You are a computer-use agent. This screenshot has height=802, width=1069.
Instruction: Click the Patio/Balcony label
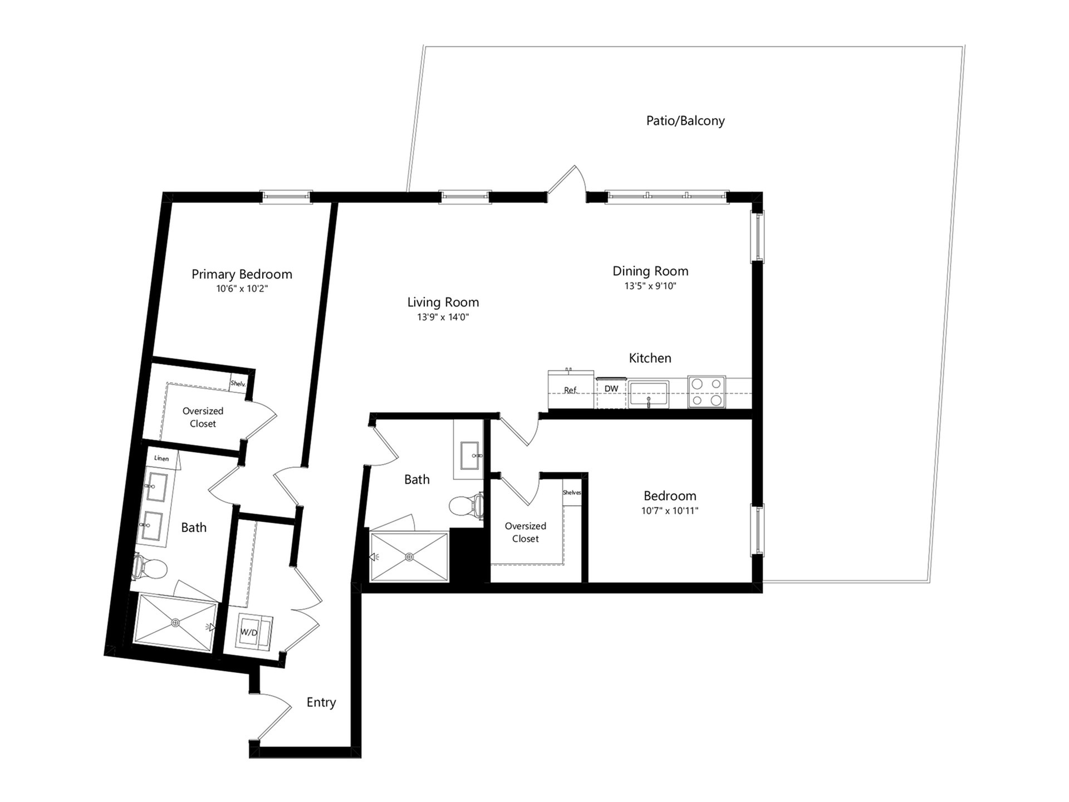pos(685,121)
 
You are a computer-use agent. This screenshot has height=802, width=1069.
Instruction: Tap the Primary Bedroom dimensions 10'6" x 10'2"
pos(242,289)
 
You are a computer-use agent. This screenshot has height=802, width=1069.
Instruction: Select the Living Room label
pos(443,302)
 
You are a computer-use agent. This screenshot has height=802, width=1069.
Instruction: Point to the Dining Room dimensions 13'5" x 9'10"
pos(650,286)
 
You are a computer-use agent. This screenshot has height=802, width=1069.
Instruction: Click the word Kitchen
pos(650,358)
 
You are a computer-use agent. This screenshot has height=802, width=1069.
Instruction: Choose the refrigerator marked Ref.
pos(570,389)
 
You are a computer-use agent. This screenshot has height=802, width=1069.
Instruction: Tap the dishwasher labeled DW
pos(611,392)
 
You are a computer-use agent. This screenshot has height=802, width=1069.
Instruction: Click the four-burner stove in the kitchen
pos(707,392)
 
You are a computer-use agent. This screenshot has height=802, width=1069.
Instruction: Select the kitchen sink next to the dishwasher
pos(649,394)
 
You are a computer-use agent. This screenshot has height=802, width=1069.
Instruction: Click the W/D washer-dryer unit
pos(254,632)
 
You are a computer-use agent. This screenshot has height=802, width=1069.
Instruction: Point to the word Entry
pos(321,702)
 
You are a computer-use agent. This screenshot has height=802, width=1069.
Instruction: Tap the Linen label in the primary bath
pos(161,458)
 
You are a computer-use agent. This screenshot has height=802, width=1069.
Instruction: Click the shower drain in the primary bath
pos(176,623)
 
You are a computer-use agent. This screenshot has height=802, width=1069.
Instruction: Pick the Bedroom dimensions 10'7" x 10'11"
pos(670,511)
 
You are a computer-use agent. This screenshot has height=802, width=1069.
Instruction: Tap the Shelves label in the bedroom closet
pos(572,492)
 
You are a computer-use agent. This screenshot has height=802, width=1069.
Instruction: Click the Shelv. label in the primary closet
pos(238,383)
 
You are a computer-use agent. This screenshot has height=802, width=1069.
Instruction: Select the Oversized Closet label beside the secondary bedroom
pos(526,532)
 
